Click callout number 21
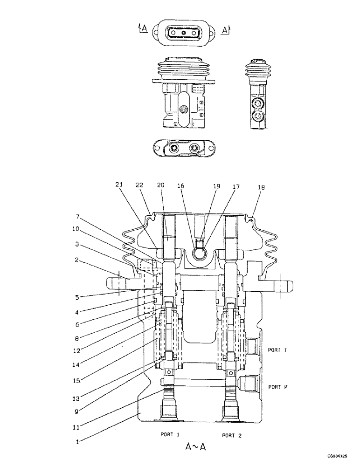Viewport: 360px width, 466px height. (119, 185)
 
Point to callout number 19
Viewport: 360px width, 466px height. (216, 186)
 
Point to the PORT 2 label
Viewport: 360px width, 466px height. (231, 436)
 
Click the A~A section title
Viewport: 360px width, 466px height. (195, 447)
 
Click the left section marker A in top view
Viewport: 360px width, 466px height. (144, 29)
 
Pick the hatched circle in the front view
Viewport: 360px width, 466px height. (183, 110)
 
